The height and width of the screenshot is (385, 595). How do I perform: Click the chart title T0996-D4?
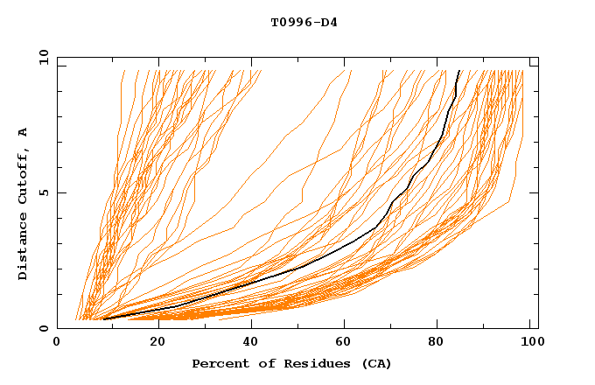tap(304, 22)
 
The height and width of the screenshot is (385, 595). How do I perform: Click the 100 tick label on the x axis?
tap(530, 343)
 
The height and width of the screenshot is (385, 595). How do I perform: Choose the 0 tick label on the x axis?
tap(58, 343)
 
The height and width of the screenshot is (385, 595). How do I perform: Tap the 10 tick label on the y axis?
tap(40, 57)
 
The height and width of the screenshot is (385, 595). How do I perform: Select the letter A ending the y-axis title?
tap(23, 132)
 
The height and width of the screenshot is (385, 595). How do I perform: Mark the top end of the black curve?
tap(459, 71)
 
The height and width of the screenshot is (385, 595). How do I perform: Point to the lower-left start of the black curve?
tap(104, 318)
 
